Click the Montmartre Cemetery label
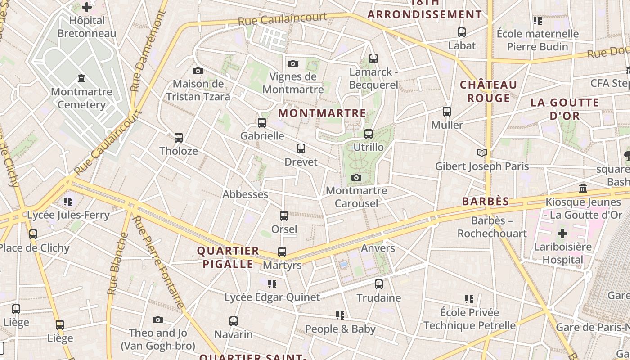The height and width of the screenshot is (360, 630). (81, 98)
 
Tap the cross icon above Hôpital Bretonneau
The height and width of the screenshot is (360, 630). (87, 7)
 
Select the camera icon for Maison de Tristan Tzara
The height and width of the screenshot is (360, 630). (198, 71)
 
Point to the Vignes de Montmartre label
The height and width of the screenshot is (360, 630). (293, 83)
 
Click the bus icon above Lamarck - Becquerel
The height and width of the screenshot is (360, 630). (373, 58)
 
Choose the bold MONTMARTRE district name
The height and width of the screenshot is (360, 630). (322, 113)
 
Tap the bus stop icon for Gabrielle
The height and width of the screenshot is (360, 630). (262, 122)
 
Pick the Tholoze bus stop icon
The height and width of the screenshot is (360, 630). (179, 137)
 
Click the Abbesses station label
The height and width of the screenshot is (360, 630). (245, 194)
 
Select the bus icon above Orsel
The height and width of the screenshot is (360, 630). (284, 216)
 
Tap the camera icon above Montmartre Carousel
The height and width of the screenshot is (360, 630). (356, 177)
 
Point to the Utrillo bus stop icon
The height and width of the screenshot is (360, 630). (369, 134)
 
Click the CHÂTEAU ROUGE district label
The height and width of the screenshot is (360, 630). (488, 91)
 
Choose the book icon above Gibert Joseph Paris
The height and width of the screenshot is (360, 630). (482, 153)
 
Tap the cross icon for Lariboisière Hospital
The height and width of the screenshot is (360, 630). (562, 234)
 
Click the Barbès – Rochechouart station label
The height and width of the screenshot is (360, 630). (492, 227)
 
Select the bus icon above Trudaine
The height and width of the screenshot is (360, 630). (379, 284)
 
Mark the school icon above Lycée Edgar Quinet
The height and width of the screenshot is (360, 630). (272, 283)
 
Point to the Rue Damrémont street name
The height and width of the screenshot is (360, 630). (148, 52)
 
